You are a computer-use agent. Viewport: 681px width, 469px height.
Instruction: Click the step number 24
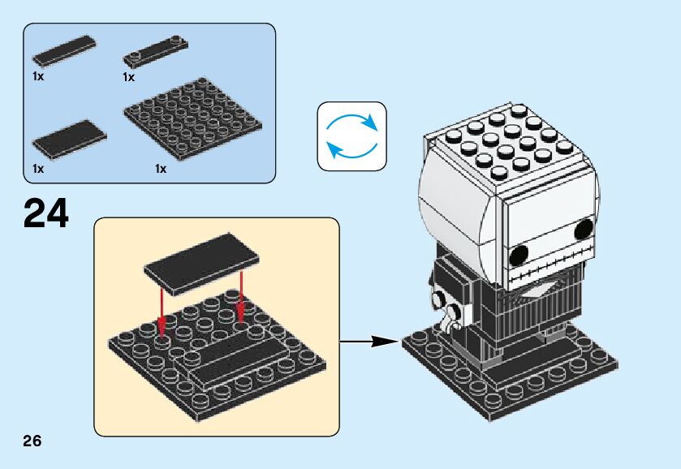click(x=46, y=213)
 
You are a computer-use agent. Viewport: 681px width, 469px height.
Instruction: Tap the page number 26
click(x=32, y=441)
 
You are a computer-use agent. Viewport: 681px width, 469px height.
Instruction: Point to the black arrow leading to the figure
click(x=369, y=342)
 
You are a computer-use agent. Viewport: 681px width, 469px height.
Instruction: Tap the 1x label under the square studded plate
click(x=160, y=169)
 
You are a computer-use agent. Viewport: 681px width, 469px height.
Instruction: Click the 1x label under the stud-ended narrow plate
click(x=128, y=77)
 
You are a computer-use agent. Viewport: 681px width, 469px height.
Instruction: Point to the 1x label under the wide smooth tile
click(x=37, y=169)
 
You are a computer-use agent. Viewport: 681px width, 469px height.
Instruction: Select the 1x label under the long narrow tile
click(x=37, y=76)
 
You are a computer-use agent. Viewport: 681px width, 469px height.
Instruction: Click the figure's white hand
click(x=446, y=325)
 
